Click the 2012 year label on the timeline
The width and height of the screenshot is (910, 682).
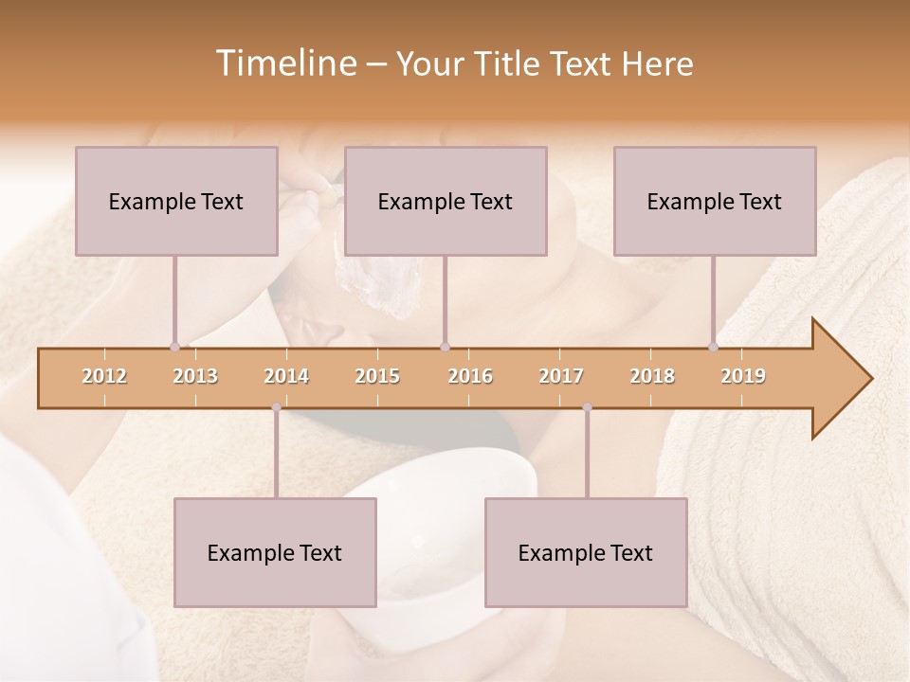[x=104, y=376]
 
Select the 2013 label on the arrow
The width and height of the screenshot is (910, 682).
[x=195, y=376]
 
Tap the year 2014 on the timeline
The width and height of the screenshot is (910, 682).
[x=286, y=376]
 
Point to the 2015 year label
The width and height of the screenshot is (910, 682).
[x=377, y=376]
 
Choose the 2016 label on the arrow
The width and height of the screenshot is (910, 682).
[x=470, y=376]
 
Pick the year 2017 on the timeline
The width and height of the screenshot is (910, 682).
[x=561, y=376]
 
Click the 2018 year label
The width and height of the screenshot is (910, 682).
[x=652, y=376]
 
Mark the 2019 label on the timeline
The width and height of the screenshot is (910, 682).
[x=743, y=376]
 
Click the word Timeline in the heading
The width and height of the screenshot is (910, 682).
[x=283, y=63]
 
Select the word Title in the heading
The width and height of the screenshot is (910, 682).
[x=510, y=63]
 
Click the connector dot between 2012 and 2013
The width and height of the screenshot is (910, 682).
[x=174, y=347]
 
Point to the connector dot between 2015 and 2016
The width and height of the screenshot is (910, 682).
[x=445, y=347]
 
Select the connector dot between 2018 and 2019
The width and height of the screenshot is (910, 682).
[x=714, y=347]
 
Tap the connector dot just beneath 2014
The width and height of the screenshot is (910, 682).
[x=276, y=407]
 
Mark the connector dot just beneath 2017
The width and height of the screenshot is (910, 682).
[x=587, y=407]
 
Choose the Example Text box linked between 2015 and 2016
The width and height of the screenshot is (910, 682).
[x=446, y=201]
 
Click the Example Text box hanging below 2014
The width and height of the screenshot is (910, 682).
[x=275, y=552]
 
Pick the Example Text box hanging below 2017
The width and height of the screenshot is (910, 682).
[x=586, y=552]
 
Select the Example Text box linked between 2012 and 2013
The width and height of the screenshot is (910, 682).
[x=176, y=201]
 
